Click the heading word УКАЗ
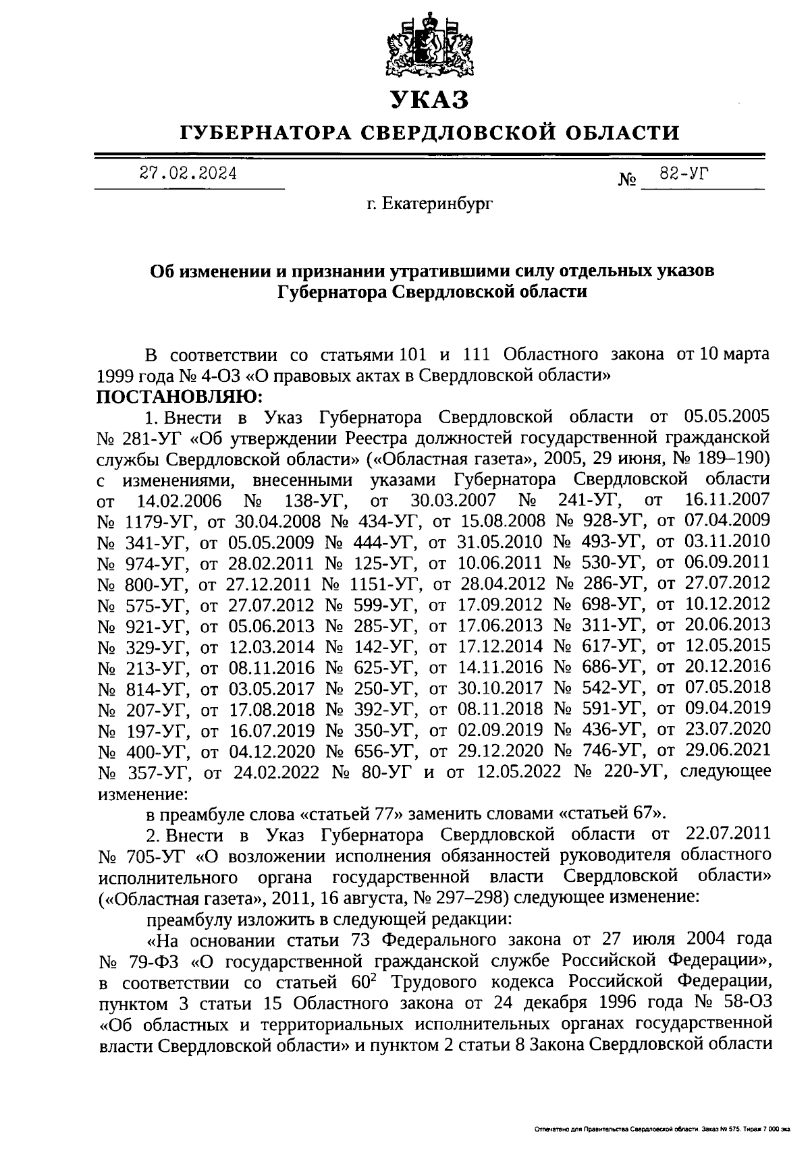coord(429,100)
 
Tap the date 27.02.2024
coord(188,173)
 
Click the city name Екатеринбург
coord(430,202)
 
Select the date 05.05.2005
coord(727,416)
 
